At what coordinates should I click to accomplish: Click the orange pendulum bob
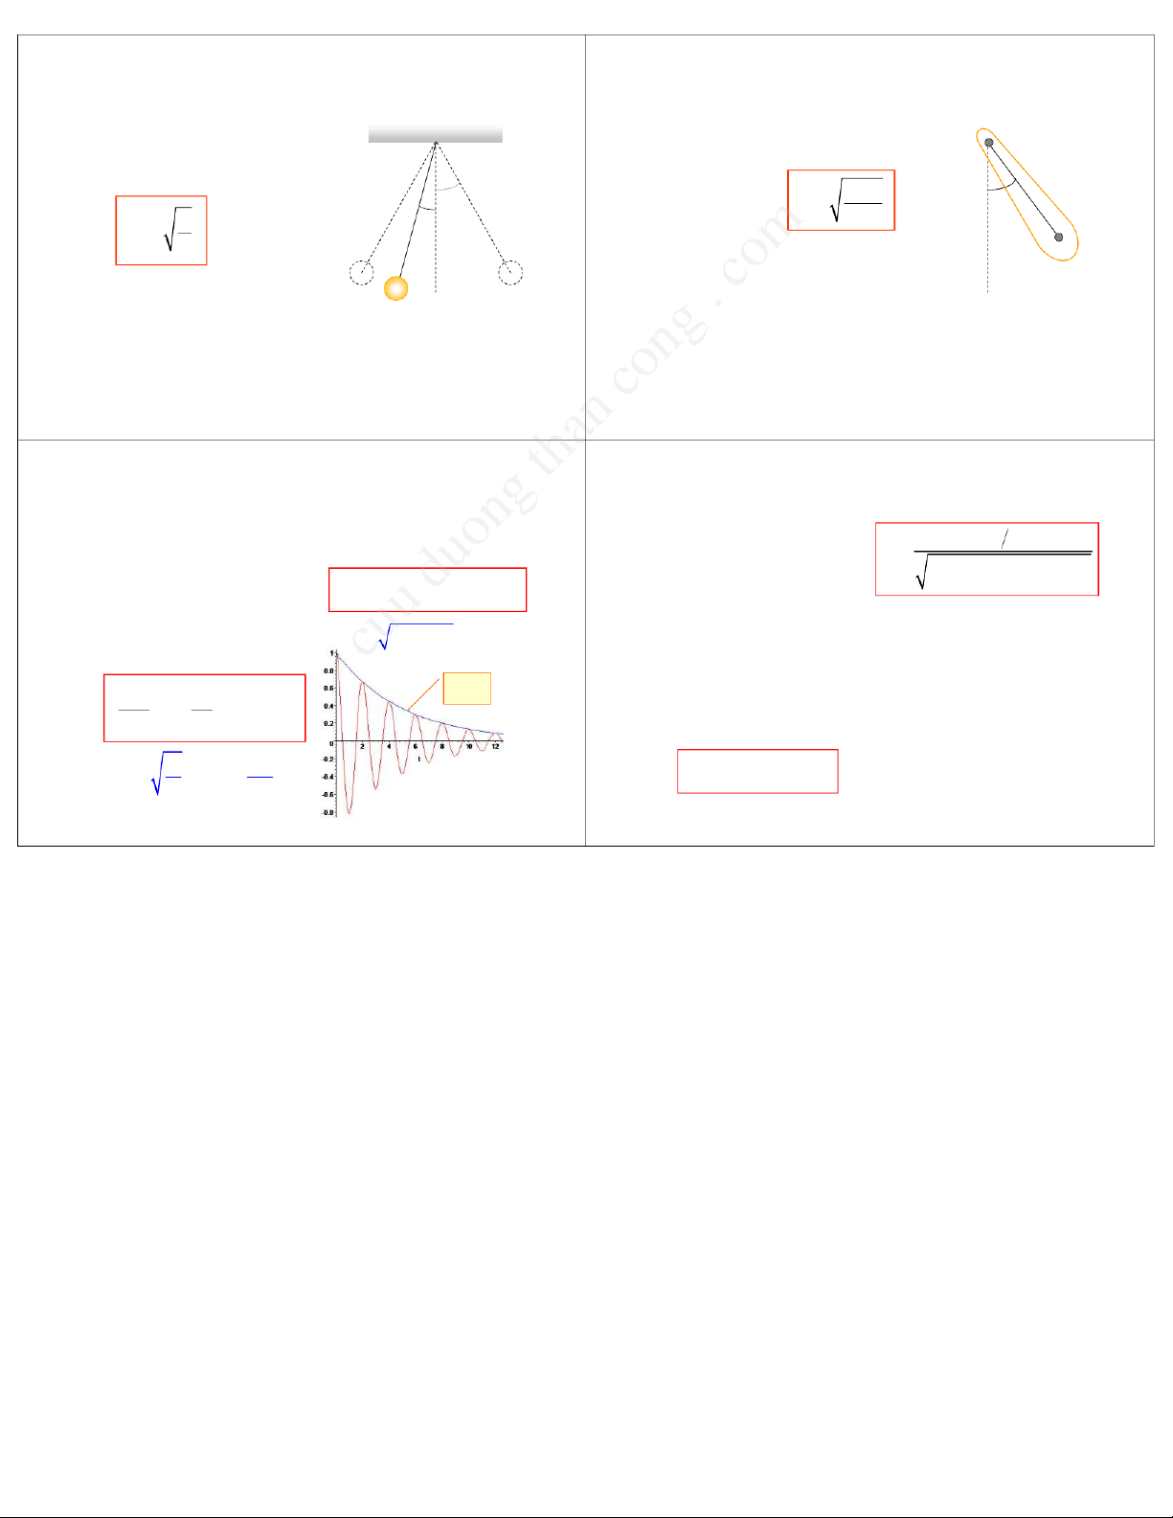tap(395, 288)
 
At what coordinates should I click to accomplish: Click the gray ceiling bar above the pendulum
tap(435, 133)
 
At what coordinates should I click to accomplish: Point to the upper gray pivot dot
tap(988, 143)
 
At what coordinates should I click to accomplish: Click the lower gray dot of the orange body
tap(1058, 238)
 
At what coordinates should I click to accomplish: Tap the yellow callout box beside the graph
tap(467, 688)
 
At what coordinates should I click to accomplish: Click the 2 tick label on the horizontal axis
tap(362, 747)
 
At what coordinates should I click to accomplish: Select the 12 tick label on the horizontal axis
tap(496, 747)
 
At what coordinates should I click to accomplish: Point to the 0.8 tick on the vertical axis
tap(328, 670)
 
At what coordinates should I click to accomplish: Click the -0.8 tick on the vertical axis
tap(327, 812)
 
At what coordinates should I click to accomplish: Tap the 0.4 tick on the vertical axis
tap(328, 706)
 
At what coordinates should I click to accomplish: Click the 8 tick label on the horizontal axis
tap(442, 747)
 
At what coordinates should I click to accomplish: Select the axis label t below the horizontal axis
tap(419, 759)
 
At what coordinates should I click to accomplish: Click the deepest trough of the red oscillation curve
tap(350, 814)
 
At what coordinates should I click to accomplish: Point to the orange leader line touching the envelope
tap(424, 693)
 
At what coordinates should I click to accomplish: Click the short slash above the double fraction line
tap(1004, 538)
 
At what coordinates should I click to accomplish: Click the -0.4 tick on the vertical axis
tap(327, 776)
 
